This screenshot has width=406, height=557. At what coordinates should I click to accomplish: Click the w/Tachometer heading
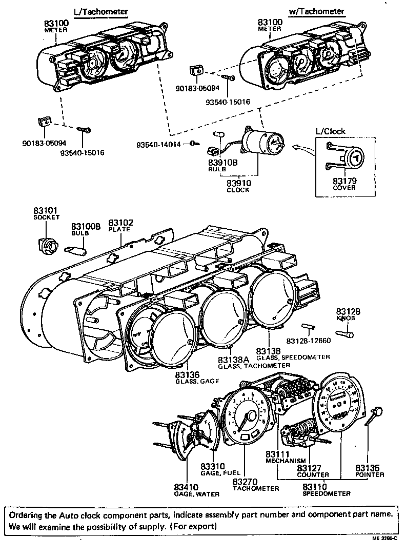(x=316, y=11)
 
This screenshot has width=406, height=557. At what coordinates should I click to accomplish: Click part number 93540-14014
(x=158, y=144)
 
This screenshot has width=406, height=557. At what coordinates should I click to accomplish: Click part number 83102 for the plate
(x=121, y=223)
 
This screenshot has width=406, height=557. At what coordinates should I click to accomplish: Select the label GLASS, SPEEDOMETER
(x=300, y=357)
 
